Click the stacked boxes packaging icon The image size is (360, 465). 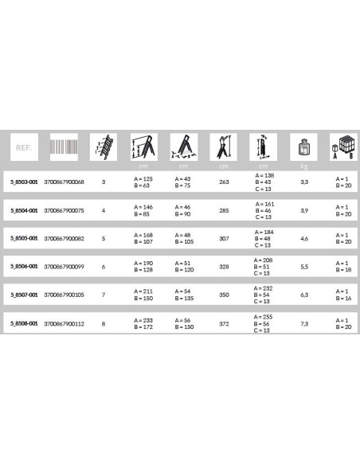pyautogui.click(x=342, y=148)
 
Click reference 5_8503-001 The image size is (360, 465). pyautogui.click(x=23, y=182)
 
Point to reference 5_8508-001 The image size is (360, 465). pyautogui.click(x=23, y=323)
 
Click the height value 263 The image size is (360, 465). pyautogui.click(x=224, y=182)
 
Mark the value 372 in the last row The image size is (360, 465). pyautogui.click(x=224, y=323)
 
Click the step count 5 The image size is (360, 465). pyautogui.click(x=104, y=238)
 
